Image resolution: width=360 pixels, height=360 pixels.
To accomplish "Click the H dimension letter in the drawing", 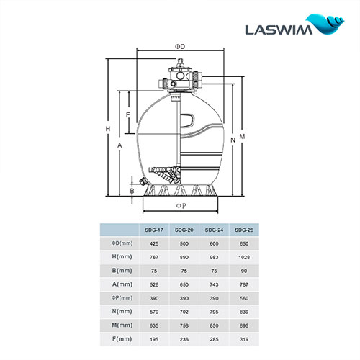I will pyautogui.click(x=107, y=130).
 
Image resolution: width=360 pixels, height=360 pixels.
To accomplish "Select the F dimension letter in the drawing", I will pyautogui.click(x=127, y=114).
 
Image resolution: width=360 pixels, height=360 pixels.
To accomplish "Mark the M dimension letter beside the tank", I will pyautogui.click(x=243, y=135).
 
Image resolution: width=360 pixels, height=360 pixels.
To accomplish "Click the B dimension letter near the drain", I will pyautogui.click(x=132, y=190).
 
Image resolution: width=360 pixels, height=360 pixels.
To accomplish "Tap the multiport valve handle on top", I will pyautogui.click(x=180, y=73).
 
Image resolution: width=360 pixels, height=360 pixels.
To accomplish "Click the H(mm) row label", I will pyautogui.click(x=117, y=256).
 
